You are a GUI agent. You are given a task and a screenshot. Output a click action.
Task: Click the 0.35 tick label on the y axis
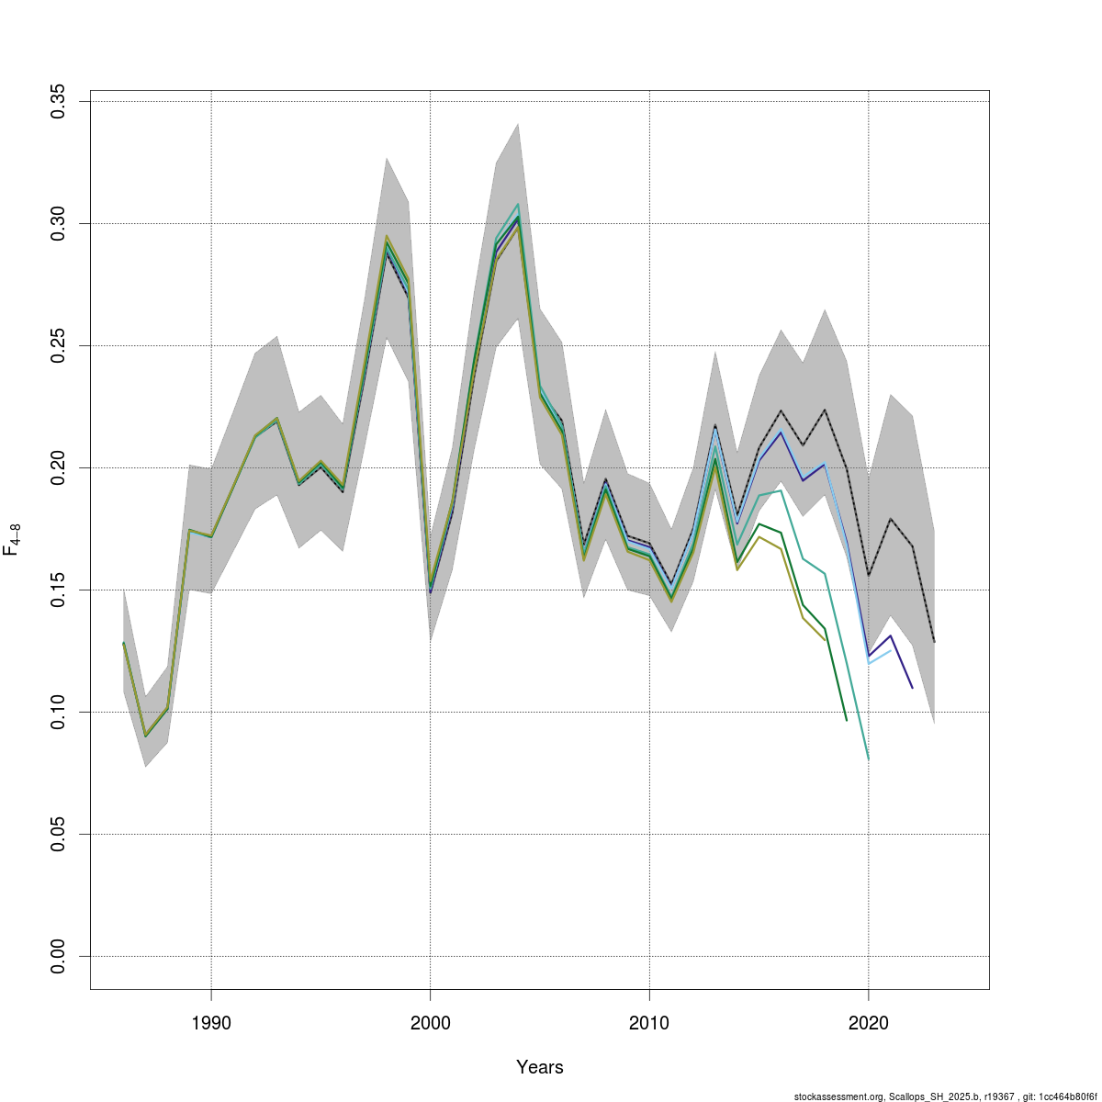click(x=58, y=101)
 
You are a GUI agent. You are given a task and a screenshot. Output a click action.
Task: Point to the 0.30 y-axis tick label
click(x=58, y=223)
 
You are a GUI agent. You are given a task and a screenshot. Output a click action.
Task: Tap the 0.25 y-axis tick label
click(x=58, y=345)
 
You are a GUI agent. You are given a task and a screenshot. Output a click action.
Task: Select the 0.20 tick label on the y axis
click(x=58, y=467)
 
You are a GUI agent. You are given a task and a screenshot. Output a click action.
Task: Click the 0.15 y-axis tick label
click(x=58, y=590)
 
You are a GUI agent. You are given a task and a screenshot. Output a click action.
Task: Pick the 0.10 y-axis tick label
click(x=58, y=712)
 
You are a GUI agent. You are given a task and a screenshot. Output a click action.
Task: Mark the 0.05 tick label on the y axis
click(x=58, y=834)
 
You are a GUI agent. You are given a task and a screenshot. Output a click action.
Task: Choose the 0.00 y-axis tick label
click(x=58, y=956)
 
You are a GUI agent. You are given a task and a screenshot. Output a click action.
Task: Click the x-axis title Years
click(x=540, y=1067)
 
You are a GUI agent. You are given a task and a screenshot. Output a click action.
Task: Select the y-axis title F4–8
click(x=12, y=540)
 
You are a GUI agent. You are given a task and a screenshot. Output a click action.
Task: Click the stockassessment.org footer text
click(x=945, y=1096)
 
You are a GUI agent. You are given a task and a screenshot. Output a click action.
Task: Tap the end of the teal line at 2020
click(x=868, y=759)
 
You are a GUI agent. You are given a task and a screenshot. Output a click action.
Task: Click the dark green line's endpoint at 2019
click(x=846, y=720)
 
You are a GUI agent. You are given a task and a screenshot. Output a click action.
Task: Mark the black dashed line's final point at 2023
click(x=934, y=642)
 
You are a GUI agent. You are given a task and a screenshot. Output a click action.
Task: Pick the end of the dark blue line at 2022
click(x=912, y=688)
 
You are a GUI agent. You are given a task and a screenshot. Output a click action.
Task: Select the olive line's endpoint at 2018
click(x=825, y=640)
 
